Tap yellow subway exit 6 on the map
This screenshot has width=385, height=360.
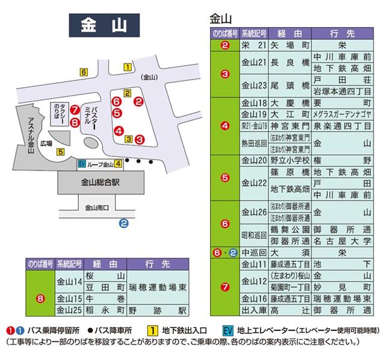tap(84, 73)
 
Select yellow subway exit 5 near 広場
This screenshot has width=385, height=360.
tap(61, 151)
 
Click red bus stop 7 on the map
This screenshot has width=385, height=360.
tap(74, 111)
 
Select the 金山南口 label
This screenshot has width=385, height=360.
tap(96, 208)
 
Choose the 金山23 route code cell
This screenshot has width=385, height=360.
tap(254, 84)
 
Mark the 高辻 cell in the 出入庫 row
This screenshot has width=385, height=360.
tap(290, 310)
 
